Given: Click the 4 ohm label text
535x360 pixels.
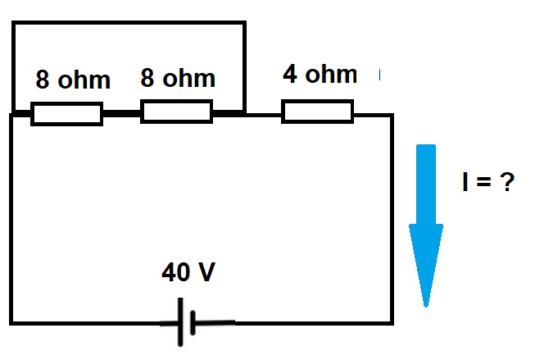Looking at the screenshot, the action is click(320, 74).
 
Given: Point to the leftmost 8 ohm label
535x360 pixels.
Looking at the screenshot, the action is click(73, 80).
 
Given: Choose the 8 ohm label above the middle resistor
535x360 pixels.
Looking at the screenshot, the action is click(178, 78).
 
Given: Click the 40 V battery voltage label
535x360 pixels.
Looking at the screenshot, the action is click(188, 272).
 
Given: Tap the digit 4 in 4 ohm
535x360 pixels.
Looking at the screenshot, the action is click(290, 74).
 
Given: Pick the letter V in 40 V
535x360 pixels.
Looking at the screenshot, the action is click(206, 272).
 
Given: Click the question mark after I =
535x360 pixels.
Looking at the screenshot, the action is click(507, 182).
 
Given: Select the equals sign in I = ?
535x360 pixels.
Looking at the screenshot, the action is click(484, 182).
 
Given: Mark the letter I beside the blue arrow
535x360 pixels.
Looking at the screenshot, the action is click(465, 182).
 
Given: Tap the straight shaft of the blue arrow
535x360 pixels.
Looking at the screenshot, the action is click(426, 185).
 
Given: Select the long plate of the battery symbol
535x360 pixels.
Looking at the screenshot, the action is click(180, 322).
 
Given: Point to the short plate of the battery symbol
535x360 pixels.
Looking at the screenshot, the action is click(193, 322).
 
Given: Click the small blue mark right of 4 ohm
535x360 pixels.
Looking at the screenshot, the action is click(380, 74).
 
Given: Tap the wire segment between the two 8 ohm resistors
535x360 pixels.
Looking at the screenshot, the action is click(122, 113).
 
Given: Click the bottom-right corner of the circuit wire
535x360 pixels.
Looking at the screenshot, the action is click(392, 323).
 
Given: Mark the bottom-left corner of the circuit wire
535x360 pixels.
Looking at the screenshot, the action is click(11, 323).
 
